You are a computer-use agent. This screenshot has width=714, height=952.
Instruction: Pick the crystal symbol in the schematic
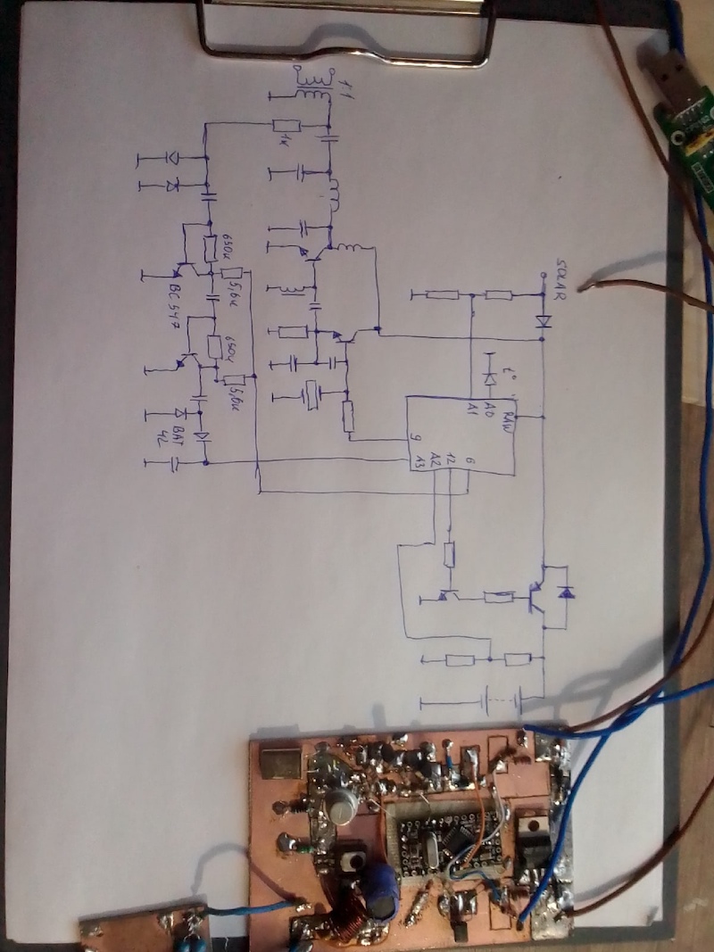pyautogui.click(x=311, y=394)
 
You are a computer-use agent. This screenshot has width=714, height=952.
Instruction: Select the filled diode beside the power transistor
pyautogui.click(x=566, y=591)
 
